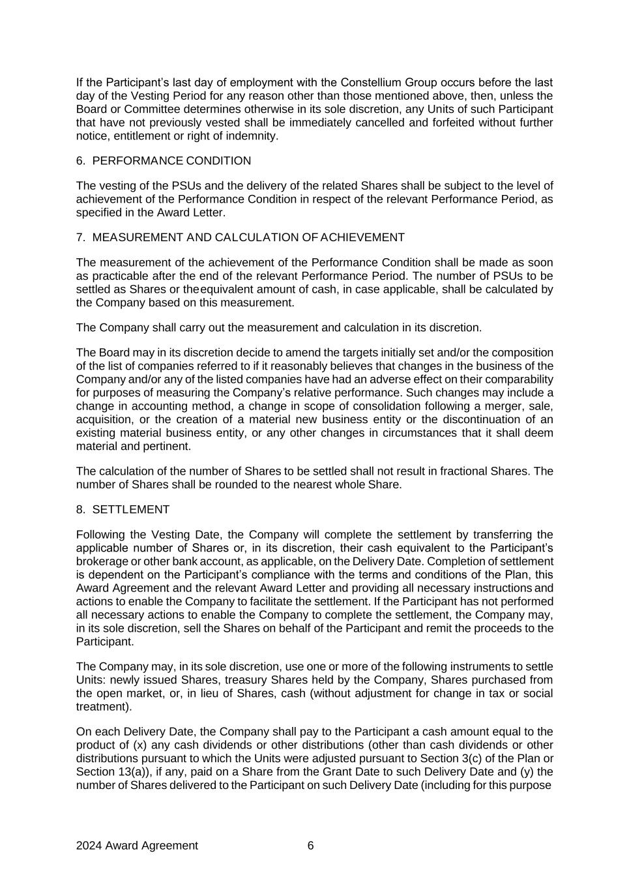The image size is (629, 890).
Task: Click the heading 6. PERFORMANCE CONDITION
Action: click(x=164, y=161)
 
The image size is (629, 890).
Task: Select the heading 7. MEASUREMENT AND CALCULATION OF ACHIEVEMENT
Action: click(x=241, y=237)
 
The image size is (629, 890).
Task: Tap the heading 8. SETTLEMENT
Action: click(x=123, y=509)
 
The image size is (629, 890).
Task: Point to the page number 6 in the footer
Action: click(x=310, y=846)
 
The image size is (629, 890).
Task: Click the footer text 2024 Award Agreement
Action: click(x=137, y=846)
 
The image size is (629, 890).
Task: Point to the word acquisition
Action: click(x=104, y=420)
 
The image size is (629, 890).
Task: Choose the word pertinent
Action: click(x=167, y=447)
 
